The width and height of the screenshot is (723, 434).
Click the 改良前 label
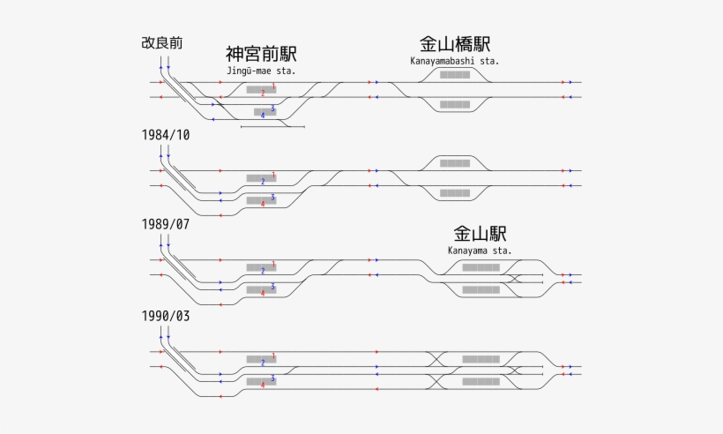tap(161, 42)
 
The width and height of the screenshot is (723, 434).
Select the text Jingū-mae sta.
tap(261, 71)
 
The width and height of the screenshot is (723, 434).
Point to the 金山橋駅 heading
tap(454, 44)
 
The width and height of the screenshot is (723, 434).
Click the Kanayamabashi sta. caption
tap(454, 61)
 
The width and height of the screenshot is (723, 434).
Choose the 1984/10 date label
tap(165, 135)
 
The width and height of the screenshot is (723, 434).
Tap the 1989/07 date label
tap(165, 224)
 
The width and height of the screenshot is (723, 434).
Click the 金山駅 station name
tap(480, 234)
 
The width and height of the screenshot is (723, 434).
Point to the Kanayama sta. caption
tap(480, 251)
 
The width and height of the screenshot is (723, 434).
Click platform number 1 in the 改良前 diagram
tap(273, 86)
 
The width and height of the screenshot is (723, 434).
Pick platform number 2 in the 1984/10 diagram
tap(263, 181)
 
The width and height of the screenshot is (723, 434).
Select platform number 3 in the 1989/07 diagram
tap(273, 286)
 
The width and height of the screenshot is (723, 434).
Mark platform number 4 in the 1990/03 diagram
tap(263, 384)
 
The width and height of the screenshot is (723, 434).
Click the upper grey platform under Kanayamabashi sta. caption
tap(455, 75)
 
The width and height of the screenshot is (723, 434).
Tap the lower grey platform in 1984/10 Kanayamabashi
tap(455, 192)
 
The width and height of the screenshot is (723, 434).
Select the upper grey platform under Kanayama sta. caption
tap(481, 267)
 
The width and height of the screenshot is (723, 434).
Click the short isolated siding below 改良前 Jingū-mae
tap(272, 127)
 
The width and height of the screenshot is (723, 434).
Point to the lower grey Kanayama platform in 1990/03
tap(481, 381)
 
